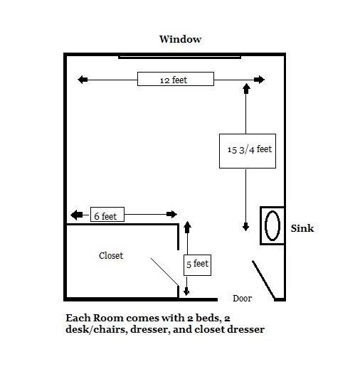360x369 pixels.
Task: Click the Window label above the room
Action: (179, 40)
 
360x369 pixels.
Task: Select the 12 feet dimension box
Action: (175, 80)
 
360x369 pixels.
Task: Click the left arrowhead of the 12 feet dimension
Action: (83, 80)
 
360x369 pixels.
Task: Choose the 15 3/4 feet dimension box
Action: (247, 150)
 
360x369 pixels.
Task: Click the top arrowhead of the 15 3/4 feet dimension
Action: (246, 88)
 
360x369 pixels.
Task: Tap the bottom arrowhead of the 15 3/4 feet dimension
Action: (246, 226)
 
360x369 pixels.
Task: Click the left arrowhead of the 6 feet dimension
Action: (74, 215)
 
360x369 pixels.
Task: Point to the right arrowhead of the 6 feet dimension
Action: (171, 215)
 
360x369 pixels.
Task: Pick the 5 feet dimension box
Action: (197, 264)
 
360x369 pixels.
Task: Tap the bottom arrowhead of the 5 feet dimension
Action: (187, 290)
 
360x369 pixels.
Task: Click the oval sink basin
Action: (272, 226)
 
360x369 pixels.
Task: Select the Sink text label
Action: (302, 229)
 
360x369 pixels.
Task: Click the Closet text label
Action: (111, 255)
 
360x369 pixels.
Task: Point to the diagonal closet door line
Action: (164, 272)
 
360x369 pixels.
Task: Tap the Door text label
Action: (243, 299)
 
